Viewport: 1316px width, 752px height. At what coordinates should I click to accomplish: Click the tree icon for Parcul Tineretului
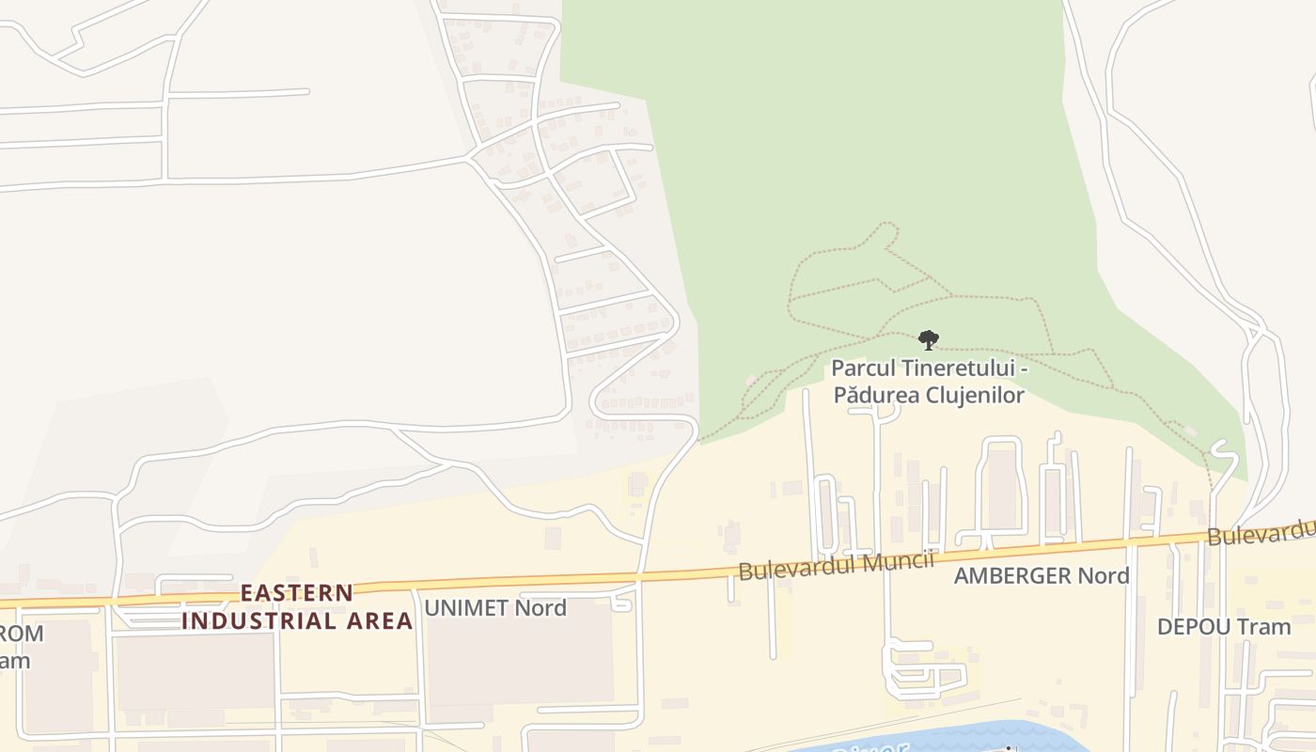point(928,339)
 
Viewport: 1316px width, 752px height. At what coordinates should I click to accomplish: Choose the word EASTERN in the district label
point(297,593)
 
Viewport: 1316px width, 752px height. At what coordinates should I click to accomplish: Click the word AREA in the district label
point(378,621)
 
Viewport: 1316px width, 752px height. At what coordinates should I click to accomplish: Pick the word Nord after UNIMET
point(543,608)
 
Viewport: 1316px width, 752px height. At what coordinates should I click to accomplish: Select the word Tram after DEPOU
point(1263,627)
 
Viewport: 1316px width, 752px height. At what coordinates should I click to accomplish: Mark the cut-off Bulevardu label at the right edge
point(1261,533)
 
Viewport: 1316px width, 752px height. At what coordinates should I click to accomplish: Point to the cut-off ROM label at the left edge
point(21,634)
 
